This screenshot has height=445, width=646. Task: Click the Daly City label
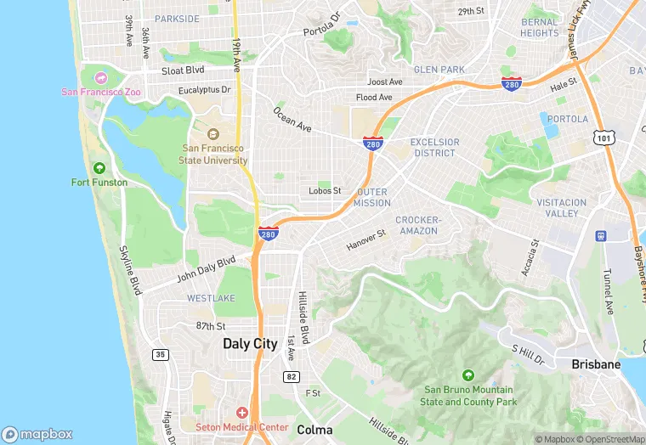250,344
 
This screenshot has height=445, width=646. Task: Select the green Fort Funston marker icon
99,168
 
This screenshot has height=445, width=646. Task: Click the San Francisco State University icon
212,134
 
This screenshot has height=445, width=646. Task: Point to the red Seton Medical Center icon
242,412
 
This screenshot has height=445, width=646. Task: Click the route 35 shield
161,354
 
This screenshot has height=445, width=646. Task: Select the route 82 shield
291,375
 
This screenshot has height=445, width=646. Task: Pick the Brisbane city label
596,363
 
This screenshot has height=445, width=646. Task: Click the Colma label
314,430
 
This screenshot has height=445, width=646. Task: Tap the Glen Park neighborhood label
439,70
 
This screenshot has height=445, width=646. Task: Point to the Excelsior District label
434,148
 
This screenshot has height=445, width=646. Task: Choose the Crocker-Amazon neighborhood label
417,225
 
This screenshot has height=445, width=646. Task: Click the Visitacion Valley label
561,208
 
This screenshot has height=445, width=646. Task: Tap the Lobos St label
325,191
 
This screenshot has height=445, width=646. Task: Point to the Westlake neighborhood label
210,298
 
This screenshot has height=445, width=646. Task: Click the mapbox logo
38,434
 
